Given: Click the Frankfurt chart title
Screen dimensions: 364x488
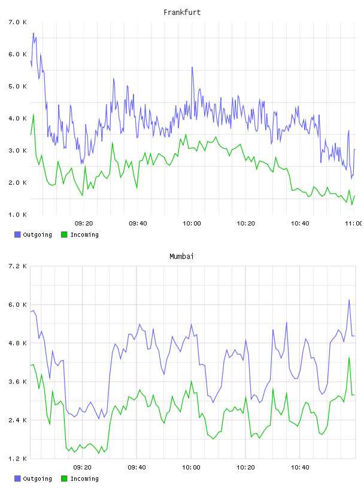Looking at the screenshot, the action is (x=182, y=13).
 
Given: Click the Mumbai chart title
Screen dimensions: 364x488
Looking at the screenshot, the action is (x=181, y=257).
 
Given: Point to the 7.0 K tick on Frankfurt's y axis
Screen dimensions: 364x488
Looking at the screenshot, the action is (x=17, y=22).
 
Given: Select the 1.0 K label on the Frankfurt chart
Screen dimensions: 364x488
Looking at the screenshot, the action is (x=17, y=215).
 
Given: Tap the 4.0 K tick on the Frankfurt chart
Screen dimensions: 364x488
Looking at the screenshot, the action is (x=17, y=118).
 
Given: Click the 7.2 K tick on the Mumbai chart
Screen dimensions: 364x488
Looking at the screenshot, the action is (x=17, y=266).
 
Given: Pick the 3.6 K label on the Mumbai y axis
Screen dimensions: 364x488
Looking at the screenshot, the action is (x=17, y=382).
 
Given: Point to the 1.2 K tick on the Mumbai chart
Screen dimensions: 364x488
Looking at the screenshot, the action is (x=17, y=459).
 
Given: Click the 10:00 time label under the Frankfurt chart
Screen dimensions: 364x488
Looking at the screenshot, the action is (x=192, y=224).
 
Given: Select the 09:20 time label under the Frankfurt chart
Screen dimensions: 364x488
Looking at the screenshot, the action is (x=84, y=224).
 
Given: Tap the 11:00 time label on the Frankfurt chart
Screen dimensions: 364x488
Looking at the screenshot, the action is (x=354, y=224).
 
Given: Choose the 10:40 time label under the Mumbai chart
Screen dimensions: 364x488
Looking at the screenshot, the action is (x=300, y=468).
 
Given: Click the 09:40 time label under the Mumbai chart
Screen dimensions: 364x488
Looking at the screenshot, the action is (x=137, y=468).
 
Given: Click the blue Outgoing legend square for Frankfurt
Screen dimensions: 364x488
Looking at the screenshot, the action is (x=17, y=234).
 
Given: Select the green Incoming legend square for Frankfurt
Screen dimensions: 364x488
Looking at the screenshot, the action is (x=64, y=234).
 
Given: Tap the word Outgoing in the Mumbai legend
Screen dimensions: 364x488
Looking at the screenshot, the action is (x=37, y=478).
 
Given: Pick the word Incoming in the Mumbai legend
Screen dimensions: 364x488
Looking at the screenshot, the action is (x=84, y=478).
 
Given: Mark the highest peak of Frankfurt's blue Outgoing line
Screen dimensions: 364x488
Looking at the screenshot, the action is (x=34, y=33).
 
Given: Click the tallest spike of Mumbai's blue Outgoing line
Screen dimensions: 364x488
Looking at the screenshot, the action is (x=349, y=300).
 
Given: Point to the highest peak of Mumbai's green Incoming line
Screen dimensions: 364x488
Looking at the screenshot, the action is (x=349, y=358).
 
